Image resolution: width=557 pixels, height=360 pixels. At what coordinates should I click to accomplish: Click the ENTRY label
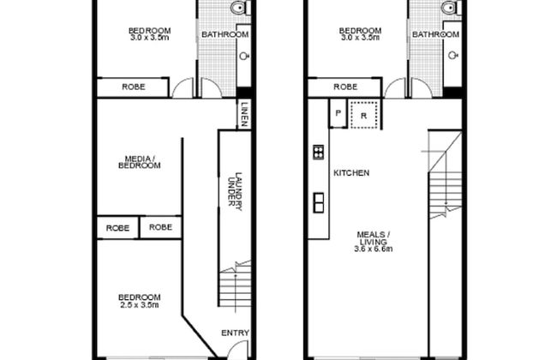(235, 333)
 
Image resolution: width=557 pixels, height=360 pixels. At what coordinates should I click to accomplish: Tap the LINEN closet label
(244, 115)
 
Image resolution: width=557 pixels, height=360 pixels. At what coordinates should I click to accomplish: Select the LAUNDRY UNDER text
(235, 191)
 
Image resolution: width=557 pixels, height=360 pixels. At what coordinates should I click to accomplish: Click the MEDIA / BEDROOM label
(139, 162)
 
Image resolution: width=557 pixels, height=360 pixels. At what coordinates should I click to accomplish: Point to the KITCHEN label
(351, 173)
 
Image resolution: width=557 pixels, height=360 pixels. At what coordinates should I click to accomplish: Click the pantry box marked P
(338, 113)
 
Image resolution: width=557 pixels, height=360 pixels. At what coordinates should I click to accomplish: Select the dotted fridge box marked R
(363, 115)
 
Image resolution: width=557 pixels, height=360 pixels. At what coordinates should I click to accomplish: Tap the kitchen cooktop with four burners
(318, 152)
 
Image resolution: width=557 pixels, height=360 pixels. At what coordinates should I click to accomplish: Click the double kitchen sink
(319, 202)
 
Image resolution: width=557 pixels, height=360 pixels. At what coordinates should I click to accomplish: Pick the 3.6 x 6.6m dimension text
(374, 249)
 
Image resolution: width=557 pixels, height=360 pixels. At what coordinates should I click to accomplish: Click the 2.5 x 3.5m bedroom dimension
(139, 305)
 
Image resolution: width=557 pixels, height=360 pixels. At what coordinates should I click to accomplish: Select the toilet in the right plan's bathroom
(451, 8)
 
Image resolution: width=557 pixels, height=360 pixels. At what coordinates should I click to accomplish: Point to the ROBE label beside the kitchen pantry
(345, 87)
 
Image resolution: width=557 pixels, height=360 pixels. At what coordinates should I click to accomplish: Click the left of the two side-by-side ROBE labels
(117, 228)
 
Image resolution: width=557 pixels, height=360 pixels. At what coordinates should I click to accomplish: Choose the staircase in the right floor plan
(445, 174)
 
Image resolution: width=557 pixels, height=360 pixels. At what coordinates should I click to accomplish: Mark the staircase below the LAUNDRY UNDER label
(235, 286)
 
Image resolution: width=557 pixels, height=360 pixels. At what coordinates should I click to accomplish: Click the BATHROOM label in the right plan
(435, 34)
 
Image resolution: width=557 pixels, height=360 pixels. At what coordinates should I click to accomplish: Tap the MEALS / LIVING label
(374, 238)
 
